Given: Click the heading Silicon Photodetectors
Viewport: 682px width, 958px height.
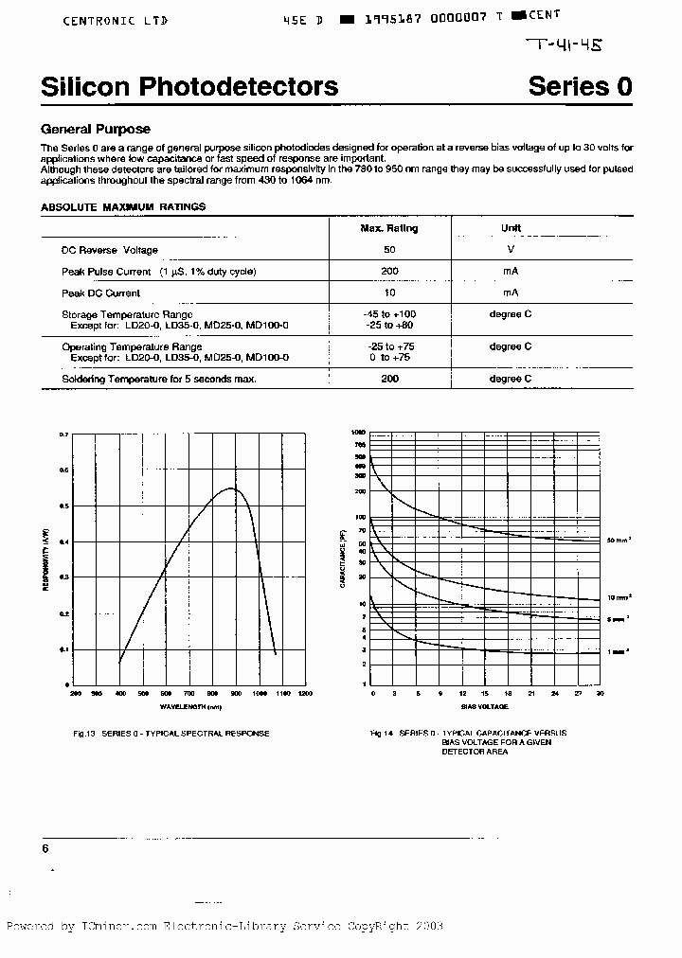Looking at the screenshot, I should tap(189, 87).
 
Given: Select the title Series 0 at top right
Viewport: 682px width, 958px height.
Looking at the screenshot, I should tap(580, 87).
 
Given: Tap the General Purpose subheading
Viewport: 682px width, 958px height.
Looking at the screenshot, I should tap(96, 130).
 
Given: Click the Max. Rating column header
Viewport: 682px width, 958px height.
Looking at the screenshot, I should tap(388, 228).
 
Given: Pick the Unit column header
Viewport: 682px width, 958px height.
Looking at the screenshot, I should tap(511, 228).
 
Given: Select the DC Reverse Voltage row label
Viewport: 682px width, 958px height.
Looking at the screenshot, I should tap(110, 250).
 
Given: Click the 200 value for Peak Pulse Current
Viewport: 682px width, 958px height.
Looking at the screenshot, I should tap(388, 272).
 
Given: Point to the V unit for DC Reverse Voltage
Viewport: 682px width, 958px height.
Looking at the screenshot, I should tap(511, 250).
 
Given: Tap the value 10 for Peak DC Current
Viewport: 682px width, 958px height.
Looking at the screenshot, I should tap(388, 293).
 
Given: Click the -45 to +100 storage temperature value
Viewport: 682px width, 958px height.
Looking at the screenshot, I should tap(388, 314).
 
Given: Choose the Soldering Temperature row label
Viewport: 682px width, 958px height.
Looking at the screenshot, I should tap(159, 379).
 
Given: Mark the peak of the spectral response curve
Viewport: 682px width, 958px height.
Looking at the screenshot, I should tap(232, 488).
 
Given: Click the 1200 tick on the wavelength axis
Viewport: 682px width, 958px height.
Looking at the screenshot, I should tap(304, 694).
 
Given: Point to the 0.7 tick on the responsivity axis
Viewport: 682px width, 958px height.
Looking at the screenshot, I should tap(64, 435).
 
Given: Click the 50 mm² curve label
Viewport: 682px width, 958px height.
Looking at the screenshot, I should tap(619, 541).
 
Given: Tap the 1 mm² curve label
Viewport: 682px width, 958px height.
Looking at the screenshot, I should tap(619, 652).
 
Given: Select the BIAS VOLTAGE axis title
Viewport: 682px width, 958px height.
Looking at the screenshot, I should tap(485, 707).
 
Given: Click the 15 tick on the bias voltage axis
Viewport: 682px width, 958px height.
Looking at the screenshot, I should tap(486, 694).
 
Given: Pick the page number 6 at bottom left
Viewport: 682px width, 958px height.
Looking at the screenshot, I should tap(45, 849).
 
